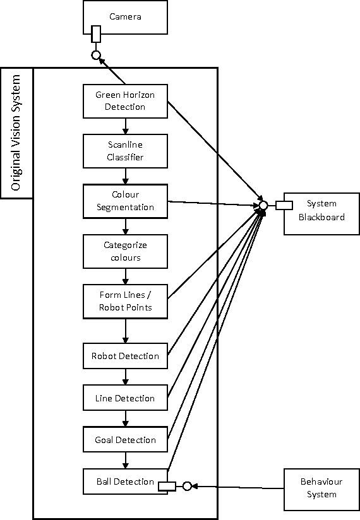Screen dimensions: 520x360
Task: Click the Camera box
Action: point(125,17)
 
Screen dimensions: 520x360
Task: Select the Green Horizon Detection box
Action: point(125,101)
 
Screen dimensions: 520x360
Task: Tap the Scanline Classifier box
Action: point(125,150)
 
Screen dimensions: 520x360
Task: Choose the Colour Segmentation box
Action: point(125,201)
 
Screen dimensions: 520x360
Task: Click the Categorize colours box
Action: point(125,251)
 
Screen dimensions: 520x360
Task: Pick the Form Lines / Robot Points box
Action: point(125,301)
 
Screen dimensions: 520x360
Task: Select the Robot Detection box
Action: point(125,356)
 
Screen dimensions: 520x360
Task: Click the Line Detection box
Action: point(125,398)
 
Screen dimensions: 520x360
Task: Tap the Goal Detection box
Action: point(125,440)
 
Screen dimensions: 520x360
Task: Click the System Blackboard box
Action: point(322,211)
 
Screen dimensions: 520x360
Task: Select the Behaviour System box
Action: point(321,489)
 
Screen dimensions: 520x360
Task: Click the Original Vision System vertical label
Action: point(17,133)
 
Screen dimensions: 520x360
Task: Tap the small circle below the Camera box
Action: point(96,56)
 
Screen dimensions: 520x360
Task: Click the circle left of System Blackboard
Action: point(263,205)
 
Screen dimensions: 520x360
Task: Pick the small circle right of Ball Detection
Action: point(187,486)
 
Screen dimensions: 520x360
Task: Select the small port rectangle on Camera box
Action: point(96,33)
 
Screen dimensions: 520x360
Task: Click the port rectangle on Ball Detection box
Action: point(167,486)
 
